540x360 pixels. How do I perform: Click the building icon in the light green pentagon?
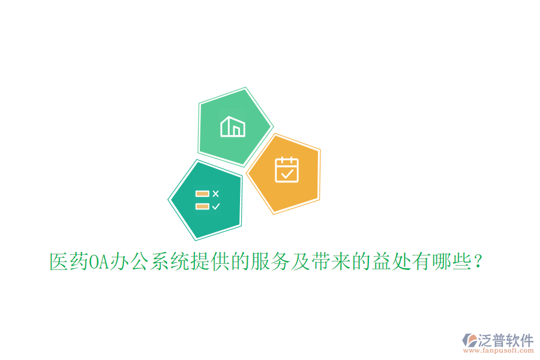point(233,127)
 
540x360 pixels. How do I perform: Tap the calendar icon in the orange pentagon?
point(287,169)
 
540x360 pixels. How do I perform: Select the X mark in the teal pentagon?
point(216,193)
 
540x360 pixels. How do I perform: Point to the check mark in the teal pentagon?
point(216,206)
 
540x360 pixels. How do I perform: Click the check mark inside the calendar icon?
point(287,174)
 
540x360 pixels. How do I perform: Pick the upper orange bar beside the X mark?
point(202,194)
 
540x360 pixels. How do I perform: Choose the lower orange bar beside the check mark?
point(202,206)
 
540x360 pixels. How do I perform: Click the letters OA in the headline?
point(98,262)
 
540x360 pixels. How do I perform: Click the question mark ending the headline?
point(478,262)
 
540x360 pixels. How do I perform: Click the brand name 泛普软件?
point(505,340)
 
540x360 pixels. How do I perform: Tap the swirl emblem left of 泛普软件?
point(468,341)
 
